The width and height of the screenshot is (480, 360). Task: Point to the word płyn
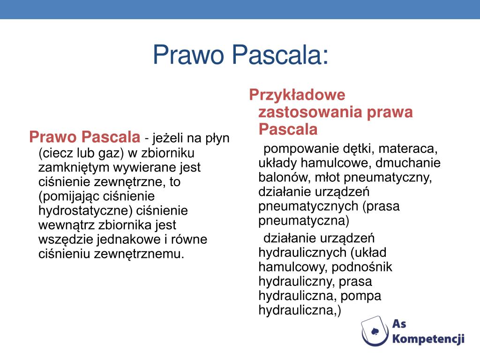pos(217,139)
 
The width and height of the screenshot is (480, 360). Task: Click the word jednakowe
pos(129,240)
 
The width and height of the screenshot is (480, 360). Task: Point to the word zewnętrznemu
pos(139,254)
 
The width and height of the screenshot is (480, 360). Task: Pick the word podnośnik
pos(362,267)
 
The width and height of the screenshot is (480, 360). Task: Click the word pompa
pos(361,296)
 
